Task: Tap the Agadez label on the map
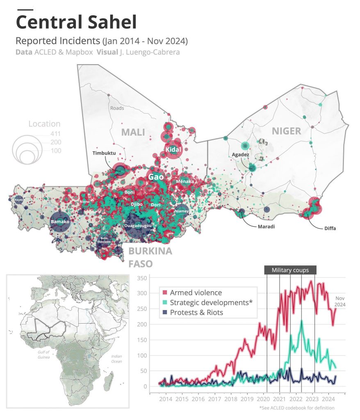click(240, 154)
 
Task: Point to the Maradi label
click(266, 226)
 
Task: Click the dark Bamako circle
click(60, 221)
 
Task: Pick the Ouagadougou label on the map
click(138, 226)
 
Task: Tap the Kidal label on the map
click(173, 150)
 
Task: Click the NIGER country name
click(286, 131)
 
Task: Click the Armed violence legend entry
click(196, 293)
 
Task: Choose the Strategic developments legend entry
click(211, 303)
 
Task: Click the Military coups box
click(290, 270)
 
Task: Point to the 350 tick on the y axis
click(141, 278)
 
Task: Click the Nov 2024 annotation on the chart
click(340, 301)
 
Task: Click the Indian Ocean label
click(116, 358)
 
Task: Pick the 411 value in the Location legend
click(56, 133)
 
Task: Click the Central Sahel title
click(76, 22)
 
